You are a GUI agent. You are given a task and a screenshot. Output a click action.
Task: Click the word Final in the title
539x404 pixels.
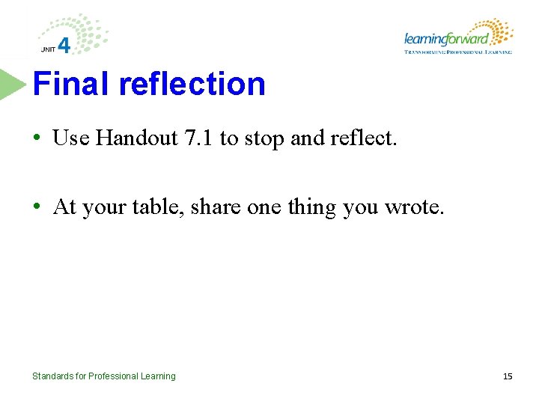coord(71,84)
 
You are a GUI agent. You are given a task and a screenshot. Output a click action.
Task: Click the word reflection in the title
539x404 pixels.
coord(192,84)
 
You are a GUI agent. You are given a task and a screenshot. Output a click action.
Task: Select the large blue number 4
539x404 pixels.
coord(64,45)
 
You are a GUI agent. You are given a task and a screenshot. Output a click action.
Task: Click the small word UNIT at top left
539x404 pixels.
coord(48,49)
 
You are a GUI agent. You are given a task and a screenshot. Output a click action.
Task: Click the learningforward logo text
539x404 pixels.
coord(446,39)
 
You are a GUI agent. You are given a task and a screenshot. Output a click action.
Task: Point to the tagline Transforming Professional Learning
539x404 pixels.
coord(458,52)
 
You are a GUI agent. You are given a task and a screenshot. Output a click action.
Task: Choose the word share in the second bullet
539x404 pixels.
coord(216,206)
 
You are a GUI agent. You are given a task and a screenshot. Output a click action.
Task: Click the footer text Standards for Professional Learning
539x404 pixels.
coord(103,376)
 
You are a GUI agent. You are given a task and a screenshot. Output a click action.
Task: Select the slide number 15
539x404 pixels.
coord(507,376)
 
